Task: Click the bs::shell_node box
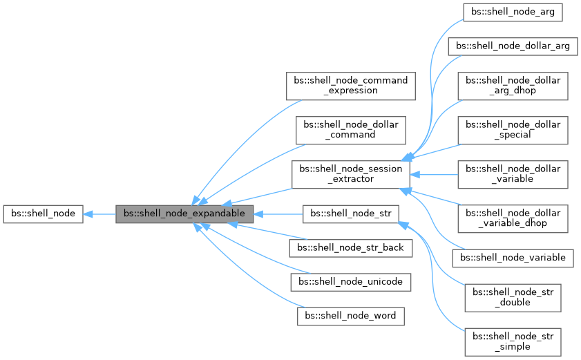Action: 44,214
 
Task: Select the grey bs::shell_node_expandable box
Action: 184,214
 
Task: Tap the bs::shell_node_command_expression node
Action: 351,85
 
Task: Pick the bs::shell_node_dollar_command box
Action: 351,129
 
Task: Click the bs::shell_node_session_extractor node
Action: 351,174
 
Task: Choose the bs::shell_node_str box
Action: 351,214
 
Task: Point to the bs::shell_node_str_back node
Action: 351,247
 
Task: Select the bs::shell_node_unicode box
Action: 351,282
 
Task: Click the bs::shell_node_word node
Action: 351,316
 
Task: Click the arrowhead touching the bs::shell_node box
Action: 88,214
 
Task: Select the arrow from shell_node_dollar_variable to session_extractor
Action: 435,174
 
